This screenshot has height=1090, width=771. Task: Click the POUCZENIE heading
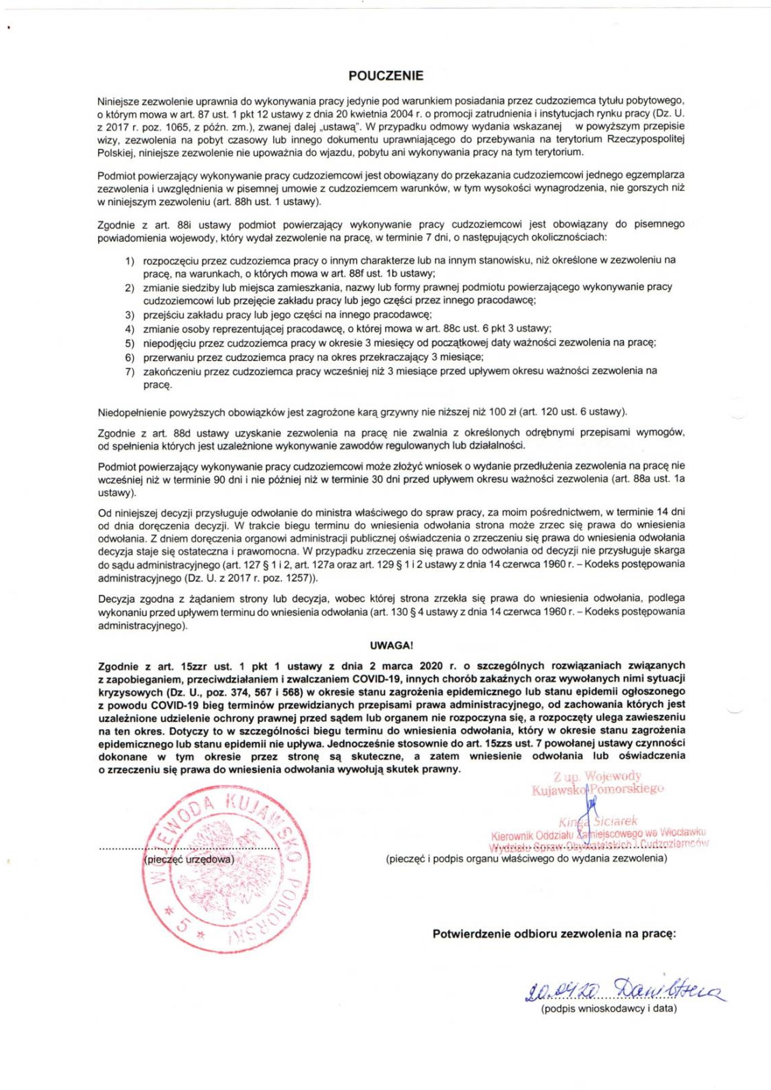[x=386, y=76]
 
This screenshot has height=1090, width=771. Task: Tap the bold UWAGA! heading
[x=391, y=645]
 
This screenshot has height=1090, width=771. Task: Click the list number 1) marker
[x=130, y=260]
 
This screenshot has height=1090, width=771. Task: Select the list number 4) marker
[x=130, y=328]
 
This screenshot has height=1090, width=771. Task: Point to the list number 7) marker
[x=130, y=371]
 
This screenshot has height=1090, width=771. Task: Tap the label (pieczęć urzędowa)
[x=189, y=859]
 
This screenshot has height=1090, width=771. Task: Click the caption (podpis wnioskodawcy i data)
[x=609, y=1008]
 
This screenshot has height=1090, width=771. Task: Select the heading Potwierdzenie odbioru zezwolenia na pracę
[x=554, y=933]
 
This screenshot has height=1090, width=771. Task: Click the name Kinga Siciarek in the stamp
[x=598, y=821]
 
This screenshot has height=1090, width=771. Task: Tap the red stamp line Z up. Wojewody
[x=597, y=776]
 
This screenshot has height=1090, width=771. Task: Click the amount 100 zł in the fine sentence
[x=501, y=411]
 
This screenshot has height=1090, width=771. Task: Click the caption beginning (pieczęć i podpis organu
[x=526, y=858]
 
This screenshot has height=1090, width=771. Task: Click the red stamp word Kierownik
[x=512, y=835]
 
